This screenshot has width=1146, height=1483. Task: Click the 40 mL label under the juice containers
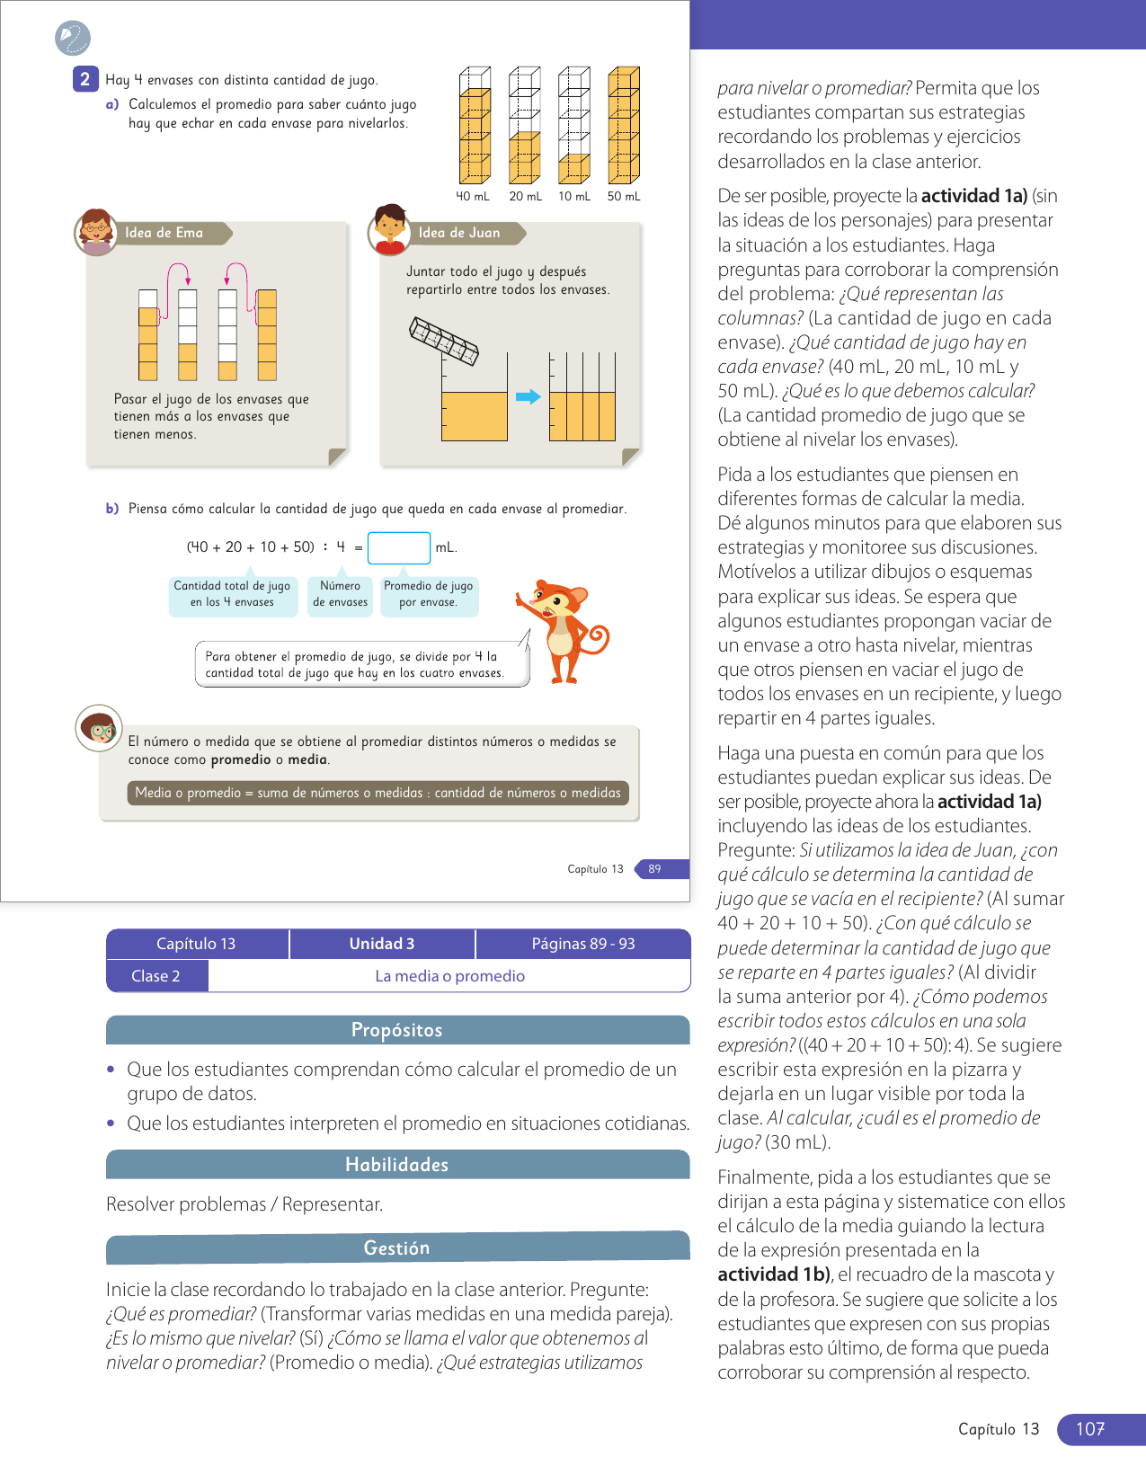[473, 196]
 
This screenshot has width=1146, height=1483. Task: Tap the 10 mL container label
[574, 196]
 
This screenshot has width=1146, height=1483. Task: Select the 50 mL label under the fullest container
[624, 196]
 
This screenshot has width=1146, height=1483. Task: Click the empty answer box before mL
[399, 547]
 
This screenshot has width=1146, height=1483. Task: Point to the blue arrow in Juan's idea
[529, 396]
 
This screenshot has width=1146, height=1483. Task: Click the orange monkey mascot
[562, 630]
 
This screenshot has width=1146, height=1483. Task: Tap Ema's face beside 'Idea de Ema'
[95, 232]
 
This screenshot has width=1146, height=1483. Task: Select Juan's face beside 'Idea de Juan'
[389, 230]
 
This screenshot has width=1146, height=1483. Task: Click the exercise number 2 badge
[84, 79]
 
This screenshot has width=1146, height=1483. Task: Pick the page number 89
[655, 869]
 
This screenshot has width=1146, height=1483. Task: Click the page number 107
[1090, 1429]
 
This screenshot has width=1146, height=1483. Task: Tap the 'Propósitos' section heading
[397, 1030]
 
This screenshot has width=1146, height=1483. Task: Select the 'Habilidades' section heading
[397, 1165]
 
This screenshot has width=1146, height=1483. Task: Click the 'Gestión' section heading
[397, 1248]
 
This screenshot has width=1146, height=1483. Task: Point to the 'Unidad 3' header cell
[382, 944]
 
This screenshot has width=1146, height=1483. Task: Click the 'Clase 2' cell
[156, 976]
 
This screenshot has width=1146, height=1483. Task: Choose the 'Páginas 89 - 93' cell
[583, 944]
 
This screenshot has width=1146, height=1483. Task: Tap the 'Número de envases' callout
[341, 594]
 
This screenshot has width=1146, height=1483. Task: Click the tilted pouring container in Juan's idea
[444, 341]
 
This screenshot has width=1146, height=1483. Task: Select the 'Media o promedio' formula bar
[378, 793]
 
